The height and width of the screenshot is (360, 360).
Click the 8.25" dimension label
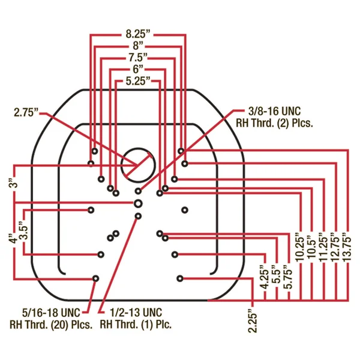[x=138, y=34]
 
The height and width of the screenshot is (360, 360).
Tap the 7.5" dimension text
[x=138, y=58]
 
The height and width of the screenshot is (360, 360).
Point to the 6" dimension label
[x=138, y=69]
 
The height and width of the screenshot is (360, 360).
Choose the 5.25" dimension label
[x=138, y=81]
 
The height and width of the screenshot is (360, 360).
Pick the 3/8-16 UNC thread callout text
[x=274, y=118]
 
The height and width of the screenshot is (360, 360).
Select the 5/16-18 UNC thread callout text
[x=51, y=319]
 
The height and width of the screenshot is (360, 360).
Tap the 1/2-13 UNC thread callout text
[x=136, y=319]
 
